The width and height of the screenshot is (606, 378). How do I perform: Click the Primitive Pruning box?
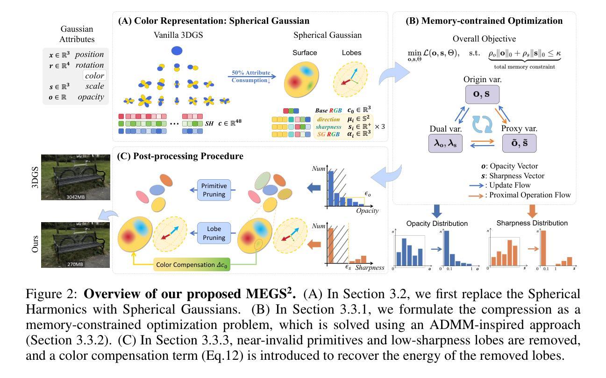pyautogui.click(x=214, y=190)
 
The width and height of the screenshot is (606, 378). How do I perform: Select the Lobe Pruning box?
pyautogui.click(x=214, y=233)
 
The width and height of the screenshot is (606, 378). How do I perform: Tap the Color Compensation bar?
pyautogui.click(x=192, y=265)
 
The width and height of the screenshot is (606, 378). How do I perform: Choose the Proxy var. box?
pyautogui.click(x=519, y=143)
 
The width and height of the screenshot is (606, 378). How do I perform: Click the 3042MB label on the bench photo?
pyautogui.click(x=76, y=196)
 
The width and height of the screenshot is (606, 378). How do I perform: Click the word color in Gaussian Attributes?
pyautogui.click(x=94, y=76)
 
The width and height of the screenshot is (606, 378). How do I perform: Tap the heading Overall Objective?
pyautogui.click(x=484, y=39)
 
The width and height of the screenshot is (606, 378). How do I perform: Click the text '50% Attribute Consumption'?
pyautogui.click(x=251, y=77)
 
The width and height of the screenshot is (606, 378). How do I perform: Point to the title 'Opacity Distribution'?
pyautogui.click(x=437, y=223)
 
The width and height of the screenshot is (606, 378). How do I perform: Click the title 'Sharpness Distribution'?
pyautogui.click(x=531, y=223)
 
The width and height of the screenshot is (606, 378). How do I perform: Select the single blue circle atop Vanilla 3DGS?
pyautogui.click(x=177, y=50)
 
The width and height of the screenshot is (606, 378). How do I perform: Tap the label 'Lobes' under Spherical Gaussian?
pyautogui.click(x=351, y=53)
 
